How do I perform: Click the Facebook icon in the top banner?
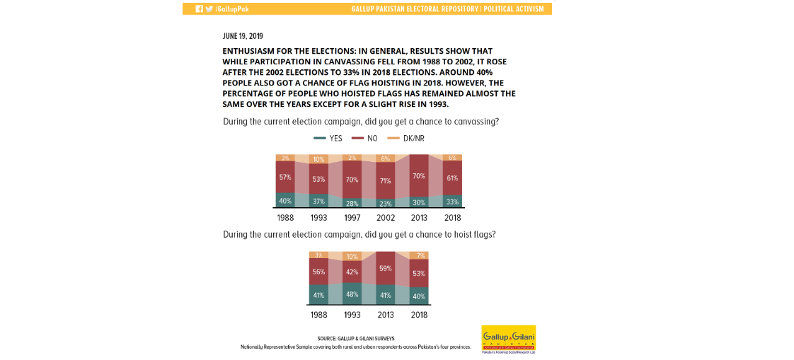point(200,9)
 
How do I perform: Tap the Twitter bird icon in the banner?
point(209,9)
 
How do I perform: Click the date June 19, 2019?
point(243,36)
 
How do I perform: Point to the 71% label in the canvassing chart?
point(385,180)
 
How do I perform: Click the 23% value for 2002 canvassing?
point(385,203)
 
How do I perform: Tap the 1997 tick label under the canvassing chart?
point(352,218)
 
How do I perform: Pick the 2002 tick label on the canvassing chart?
point(385,218)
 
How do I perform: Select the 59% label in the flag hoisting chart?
point(385,269)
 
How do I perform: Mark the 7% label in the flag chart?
point(420,255)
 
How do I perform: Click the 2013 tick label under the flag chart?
point(385,315)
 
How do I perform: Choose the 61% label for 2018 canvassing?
point(452,178)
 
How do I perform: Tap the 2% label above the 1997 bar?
point(352,158)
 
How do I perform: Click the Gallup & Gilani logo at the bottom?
point(508,339)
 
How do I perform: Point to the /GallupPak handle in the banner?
point(233,9)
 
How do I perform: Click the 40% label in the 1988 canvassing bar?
point(285,200)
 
